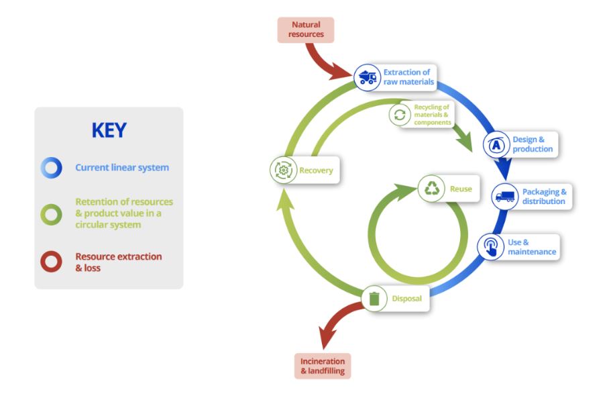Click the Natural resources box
(306, 30)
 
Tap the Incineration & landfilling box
(323, 366)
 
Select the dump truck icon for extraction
(368, 77)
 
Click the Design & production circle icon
(496, 144)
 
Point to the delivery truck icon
(505, 197)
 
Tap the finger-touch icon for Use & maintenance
(490, 247)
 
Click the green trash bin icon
(374, 299)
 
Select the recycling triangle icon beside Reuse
(431, 189)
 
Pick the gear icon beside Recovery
(284, 170)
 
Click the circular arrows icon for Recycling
(400, 115)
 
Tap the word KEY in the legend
(109, 130)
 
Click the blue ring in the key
(51, 168)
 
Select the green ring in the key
(51, 215)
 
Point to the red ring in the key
(51, 262)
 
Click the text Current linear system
(122, 168)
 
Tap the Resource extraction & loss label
(119, 262)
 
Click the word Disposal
(406, 299)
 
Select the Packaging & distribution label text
(544, 196)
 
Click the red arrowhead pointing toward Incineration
(325, 338)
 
